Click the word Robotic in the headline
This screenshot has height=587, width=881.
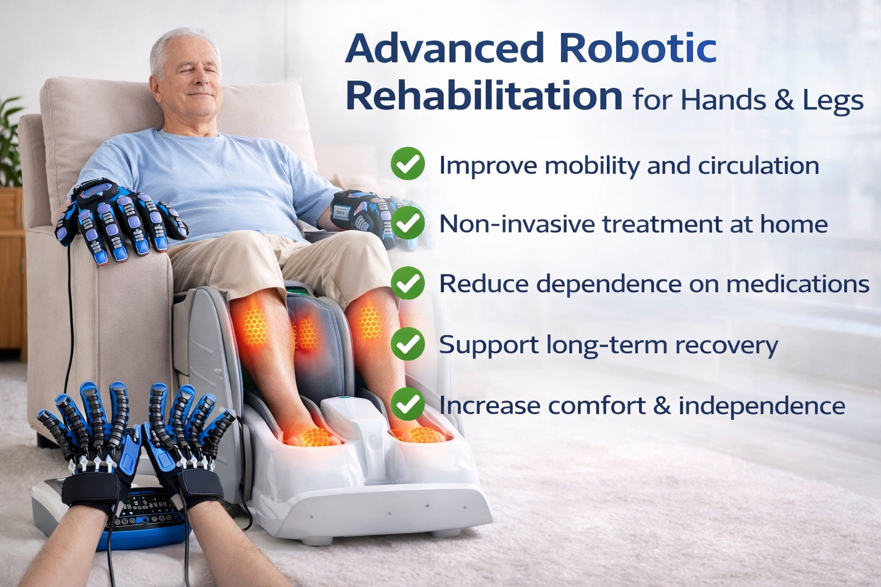click(x=637, y=48)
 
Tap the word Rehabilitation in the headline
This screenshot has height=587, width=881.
click(x=484, y=96)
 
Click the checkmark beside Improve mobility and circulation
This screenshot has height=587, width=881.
click(x=408, y=164)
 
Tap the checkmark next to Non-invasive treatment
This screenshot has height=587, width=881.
click(x=408, y=223)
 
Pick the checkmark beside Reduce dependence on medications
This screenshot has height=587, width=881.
click(x=408, y=283)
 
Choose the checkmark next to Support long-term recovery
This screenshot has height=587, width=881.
click(x=408, y=344)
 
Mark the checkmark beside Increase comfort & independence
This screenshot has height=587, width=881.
click(x=408, y=404)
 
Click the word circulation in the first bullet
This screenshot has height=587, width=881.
click(x=758, y=166)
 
